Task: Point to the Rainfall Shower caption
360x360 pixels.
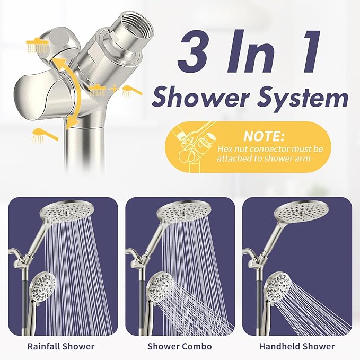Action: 60,346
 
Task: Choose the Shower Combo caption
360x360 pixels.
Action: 180,346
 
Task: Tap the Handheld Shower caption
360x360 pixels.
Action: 297,346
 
